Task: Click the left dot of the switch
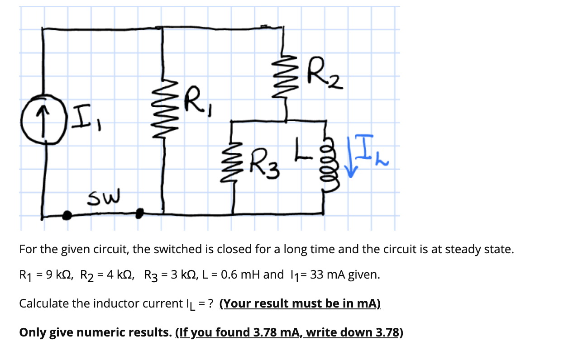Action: [67, 216]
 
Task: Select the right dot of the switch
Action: [140, 212]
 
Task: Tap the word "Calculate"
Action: [43, 303]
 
